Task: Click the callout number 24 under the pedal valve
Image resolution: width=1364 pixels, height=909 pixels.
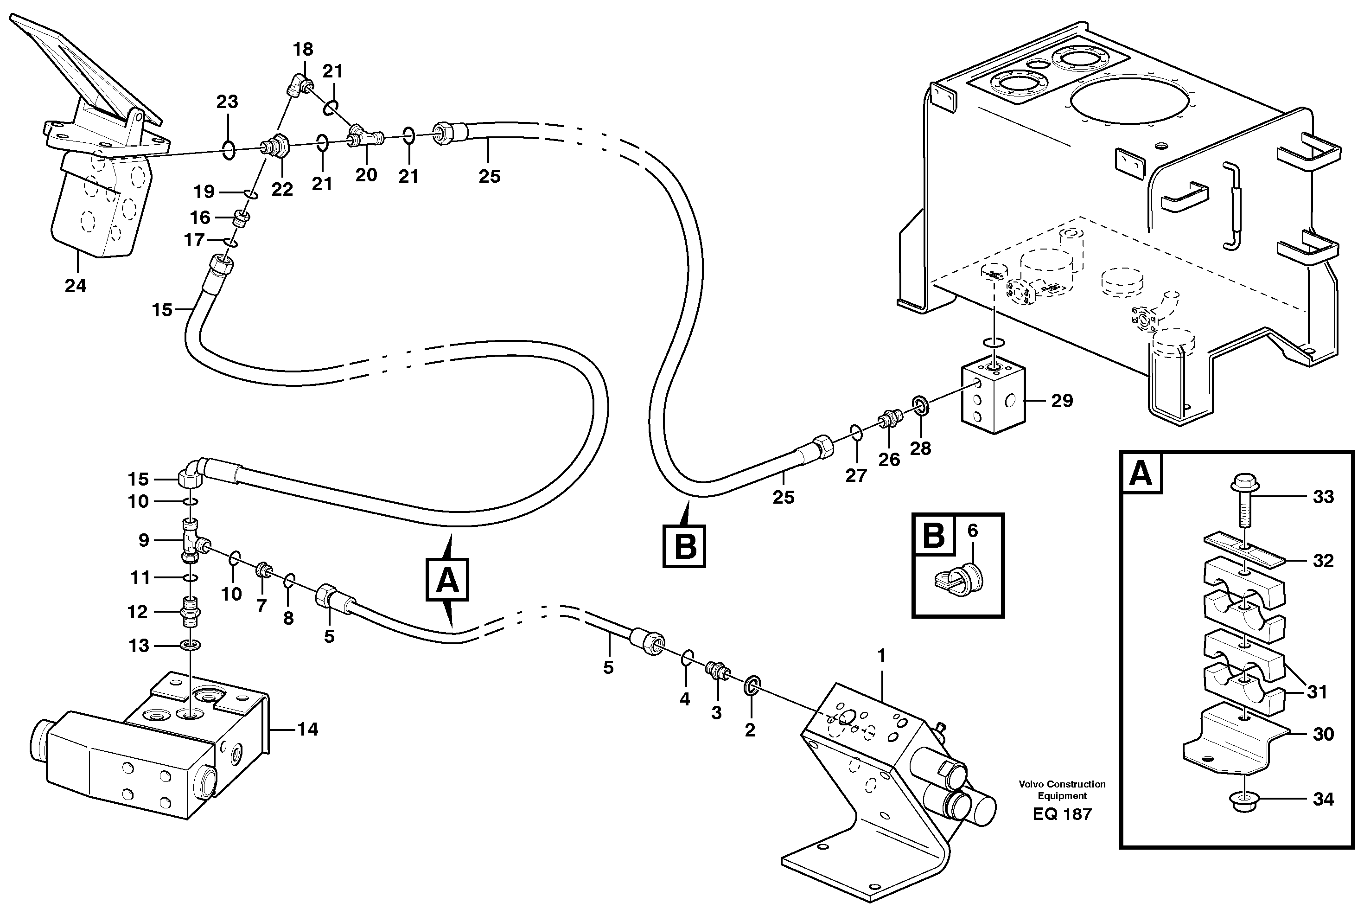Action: pyautogui.click(x=75, y=286)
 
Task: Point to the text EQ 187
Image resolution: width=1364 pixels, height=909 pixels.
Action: pyautogui.click(x=1062, y=814)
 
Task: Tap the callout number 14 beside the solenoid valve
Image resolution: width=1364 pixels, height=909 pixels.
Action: pyautogui.click(x=308, y=729)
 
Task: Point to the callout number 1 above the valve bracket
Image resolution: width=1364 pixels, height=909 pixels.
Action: pyautogui.click(x=881, y=656)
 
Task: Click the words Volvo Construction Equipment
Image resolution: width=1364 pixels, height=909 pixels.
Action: pyautogui.click(x=1062, y=789)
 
